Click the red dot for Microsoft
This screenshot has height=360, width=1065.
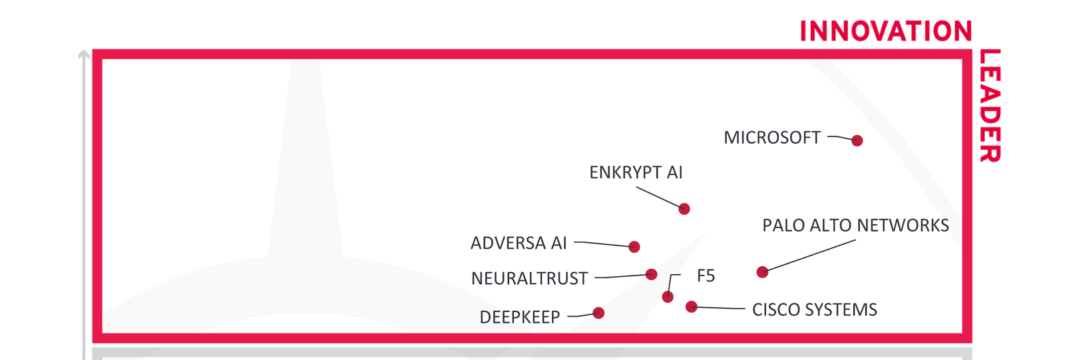pyautogui.click(x=857, y=140)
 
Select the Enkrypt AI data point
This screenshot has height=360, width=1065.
pyautogui.click(x=684, y=209)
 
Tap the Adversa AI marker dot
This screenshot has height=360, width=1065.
pyautogui.click(x=634, y=247)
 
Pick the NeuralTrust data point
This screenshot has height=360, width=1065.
pyautogui.click(x=652, y=274)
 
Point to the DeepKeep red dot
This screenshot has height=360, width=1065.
pyautogui.click(x=598, y=313)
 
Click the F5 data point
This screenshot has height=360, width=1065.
pyautogui.click(x=668, y=297)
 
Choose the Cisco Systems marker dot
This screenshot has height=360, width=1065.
pyautogui.click(x=692, y=307)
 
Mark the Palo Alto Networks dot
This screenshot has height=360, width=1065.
pyautogui.click(x=763, y=271)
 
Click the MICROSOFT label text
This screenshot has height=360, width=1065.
pyautogui.click(x=772, y=138)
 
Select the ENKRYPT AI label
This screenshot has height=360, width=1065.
pyautogui.click(x=636, y=173)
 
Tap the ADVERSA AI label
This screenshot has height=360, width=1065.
pyautogui.click(x=519, y=244)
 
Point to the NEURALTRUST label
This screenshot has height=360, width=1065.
pyautogui.click(x=529, y=278)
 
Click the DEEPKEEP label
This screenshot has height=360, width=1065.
pyautogui.click(x=520, y=317)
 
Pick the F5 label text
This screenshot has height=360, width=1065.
pyautogui.click(x=706, y=276)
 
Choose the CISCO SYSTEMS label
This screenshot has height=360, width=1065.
pyautogui.click(x=814, y=310)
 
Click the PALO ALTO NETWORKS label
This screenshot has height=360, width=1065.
pyautogui.click(x=855, y=226)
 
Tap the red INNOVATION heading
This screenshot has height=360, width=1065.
pyautogui.click(x=885, y=31)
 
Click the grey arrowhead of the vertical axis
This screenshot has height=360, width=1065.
pyautogui.click(x=83, y=55)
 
